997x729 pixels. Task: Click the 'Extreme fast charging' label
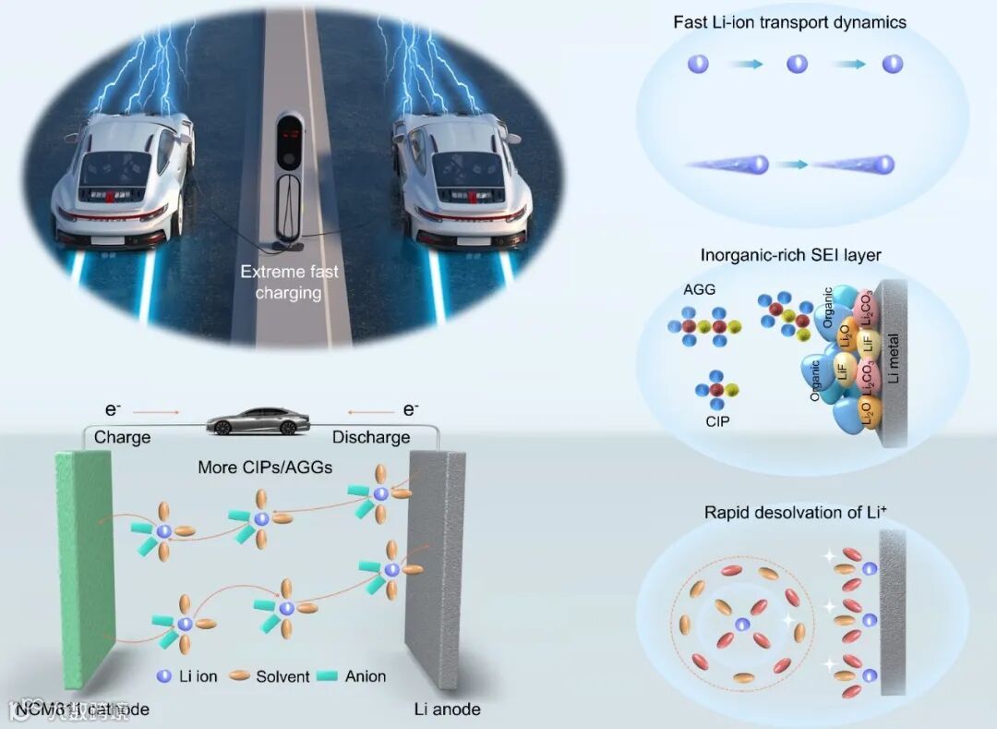point(289,282)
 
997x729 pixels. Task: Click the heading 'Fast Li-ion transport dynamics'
point(803,21)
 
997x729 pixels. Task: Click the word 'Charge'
point(122,437)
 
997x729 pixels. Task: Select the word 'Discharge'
point(371,437)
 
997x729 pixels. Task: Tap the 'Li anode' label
point(448,709)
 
